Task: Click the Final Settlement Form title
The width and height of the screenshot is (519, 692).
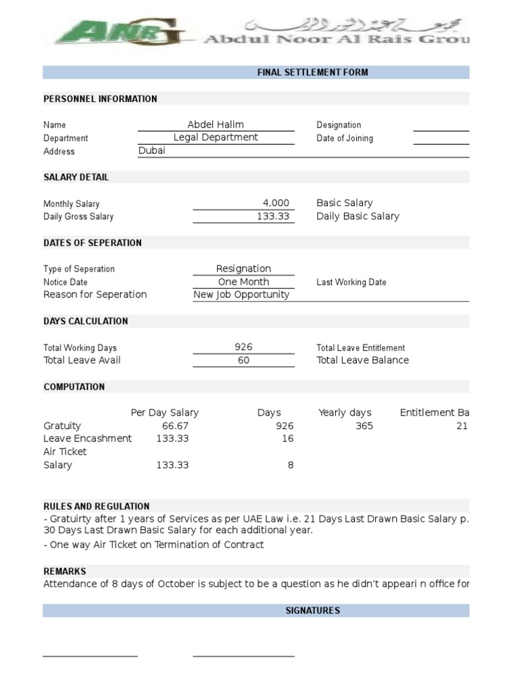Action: [312, 72]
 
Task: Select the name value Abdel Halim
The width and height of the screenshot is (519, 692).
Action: [216, 124]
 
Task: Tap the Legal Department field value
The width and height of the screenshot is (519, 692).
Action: [216, 137]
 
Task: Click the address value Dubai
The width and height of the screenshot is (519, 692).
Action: [151, 151]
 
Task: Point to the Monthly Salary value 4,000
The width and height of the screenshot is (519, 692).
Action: [276, 203]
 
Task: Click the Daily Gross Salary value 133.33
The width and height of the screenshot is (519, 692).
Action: [273, 216]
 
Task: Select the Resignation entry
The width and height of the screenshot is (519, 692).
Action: [243, 268]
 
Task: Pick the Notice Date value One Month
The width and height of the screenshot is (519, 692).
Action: [243, 282]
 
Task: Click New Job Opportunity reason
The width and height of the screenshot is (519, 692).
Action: [241, 295]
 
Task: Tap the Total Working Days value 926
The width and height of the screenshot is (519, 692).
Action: [243, 347]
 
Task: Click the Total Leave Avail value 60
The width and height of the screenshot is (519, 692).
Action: [243, 360]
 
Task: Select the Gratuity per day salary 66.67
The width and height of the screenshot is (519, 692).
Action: [175, 426]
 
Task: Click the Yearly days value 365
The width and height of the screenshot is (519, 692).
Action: [364, 426]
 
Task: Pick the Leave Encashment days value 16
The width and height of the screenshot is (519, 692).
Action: [288, 439]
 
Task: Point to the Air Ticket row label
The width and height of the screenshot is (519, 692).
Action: [66, 451]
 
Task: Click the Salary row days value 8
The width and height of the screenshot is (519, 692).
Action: [291, 465]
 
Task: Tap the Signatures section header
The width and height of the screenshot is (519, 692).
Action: [312, 610]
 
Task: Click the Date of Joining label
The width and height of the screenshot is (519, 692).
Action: [345, 138]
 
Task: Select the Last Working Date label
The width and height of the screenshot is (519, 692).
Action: [351, 282]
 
